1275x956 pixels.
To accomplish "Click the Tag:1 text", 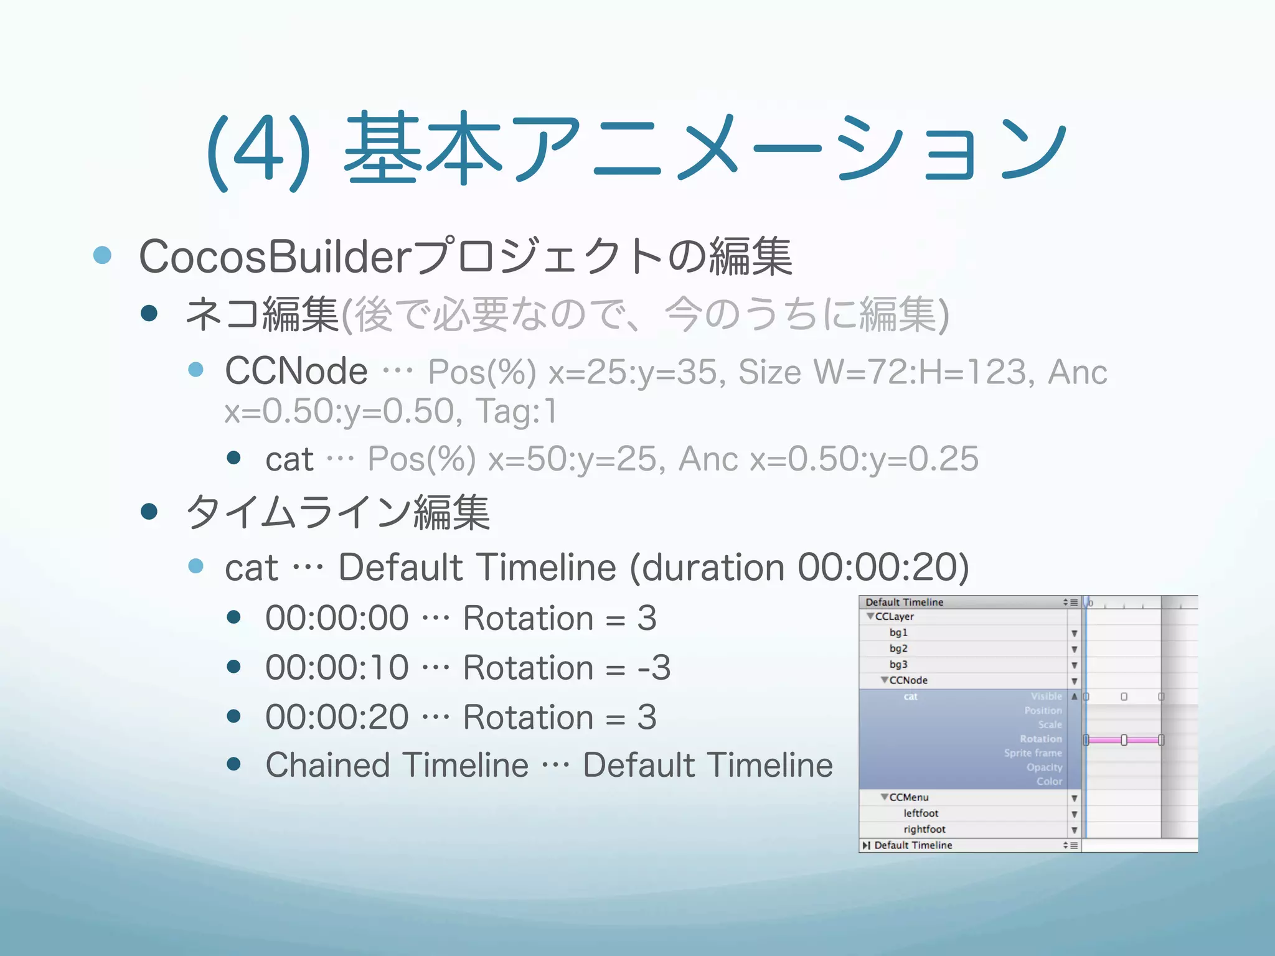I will click(x=516, y=411).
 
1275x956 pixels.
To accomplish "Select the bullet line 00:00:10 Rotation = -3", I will click(x=467, y=668).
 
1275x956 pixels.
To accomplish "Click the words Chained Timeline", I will click(x=397, y=765).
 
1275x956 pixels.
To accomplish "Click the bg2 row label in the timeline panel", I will click(x=898, y=649).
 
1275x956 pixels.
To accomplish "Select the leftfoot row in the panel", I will click(x=921, y=813).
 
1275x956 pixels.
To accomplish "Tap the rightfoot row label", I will click(x=924, y=830).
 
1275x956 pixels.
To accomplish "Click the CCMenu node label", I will click(x=908, y=797).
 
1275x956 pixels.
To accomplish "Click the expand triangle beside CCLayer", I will click(x=870, y=616).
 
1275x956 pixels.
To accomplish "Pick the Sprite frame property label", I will click(x=1033, y=753).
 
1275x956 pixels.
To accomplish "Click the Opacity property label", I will click(x=1044, y=767).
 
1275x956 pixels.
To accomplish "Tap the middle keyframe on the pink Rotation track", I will click(x=1124, y=740).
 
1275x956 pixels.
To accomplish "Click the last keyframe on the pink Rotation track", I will click(x=1161, y=740).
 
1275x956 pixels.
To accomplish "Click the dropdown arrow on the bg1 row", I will click(x=1074, y=634).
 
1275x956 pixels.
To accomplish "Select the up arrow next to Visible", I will click(x=1074, y=696).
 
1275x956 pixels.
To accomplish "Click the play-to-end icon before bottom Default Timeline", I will click(x=867, y=845).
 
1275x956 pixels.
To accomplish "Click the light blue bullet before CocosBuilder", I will click(x=102, y=255).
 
